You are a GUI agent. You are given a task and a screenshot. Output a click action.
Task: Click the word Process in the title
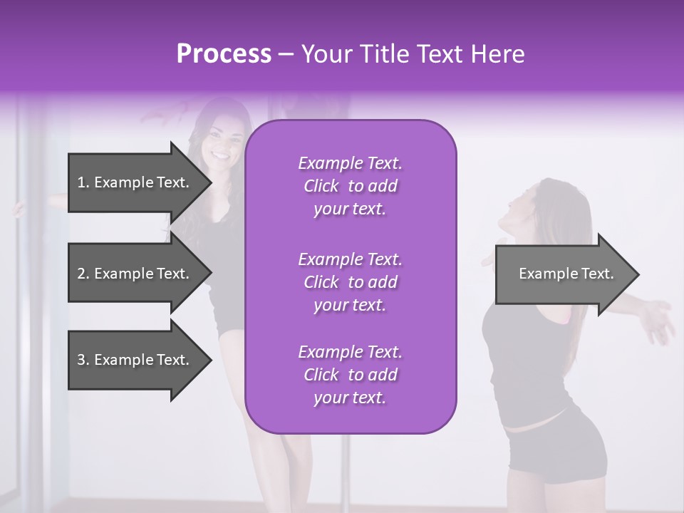click(224, 54)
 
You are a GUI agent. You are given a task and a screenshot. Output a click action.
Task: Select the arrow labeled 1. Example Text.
click(133, 182)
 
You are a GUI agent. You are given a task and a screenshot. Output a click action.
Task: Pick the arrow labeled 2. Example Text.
click(133, 274)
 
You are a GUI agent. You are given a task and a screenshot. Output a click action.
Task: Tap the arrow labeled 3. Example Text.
click(133, 360)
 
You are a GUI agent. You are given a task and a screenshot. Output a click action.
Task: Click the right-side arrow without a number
click(566, 274)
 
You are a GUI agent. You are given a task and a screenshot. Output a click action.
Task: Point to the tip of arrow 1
click(210, 182)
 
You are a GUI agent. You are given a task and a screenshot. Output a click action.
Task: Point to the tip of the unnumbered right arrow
click(638, 274)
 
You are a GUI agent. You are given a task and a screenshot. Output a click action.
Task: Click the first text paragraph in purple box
click(350, 186)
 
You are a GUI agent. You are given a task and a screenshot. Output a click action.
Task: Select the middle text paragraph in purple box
click(350, 282)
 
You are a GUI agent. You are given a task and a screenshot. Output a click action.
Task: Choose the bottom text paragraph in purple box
click(350, 375)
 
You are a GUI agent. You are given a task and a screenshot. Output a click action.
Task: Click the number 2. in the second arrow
click(83, 274)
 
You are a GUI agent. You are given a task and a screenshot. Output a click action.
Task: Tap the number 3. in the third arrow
click(83, 360)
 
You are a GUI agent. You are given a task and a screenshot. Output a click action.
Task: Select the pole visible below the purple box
click(347, 470)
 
